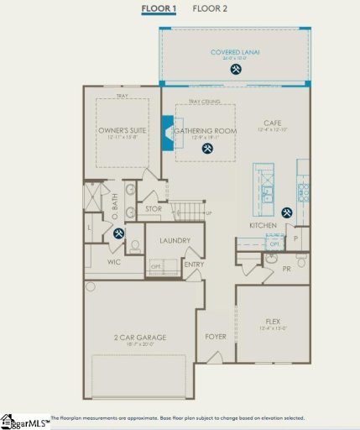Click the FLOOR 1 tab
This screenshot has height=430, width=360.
click(159, 9)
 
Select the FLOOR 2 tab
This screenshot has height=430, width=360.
click(210, 9)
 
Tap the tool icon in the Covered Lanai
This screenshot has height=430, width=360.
click(236, 70)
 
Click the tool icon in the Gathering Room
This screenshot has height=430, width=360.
click(206, 149)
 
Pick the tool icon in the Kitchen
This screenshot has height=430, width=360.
click(287, 212)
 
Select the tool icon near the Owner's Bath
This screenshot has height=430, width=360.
click(118, 233)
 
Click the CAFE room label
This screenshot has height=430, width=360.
click(272, 123)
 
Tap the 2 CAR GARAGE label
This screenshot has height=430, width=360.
click(140, 338)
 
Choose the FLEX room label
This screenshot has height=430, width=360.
click(271, 321)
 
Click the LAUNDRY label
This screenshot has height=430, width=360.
click(175, 241)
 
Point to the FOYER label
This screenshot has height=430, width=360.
click(216, 337)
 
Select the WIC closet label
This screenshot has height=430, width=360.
click(115, 262)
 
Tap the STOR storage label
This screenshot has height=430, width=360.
click(154, 208)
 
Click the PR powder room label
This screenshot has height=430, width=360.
click(286, 270)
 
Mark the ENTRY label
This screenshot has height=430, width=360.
click(195, 265)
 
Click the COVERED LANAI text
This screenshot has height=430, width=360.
click(236, 52)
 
